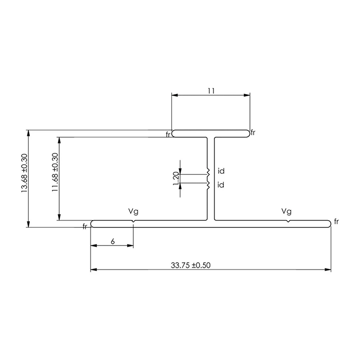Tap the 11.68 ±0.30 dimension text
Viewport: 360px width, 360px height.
tap(55, 177)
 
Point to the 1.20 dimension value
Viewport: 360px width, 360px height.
tap(176, 178)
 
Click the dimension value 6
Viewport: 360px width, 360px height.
tap(112, 241)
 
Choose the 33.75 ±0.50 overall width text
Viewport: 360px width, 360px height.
tap(191, 265)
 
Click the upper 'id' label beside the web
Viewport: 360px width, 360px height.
tap(221, 171)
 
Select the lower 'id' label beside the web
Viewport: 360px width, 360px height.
tap(221, 185)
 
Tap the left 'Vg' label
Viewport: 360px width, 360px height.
tap(133, 211)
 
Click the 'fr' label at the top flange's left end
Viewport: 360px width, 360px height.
tap(168, 134)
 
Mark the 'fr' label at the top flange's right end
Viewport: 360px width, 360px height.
tap(253, 133)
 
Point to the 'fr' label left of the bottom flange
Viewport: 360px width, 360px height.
tap(85, 226)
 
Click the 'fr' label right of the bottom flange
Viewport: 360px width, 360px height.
tap(336, 221)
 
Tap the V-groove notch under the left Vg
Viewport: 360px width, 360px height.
tap(133, 221)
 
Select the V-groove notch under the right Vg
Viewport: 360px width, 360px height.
tap(289, 221)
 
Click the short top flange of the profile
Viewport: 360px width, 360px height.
tap(210, 133)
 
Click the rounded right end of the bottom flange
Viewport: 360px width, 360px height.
tap(329, 224)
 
